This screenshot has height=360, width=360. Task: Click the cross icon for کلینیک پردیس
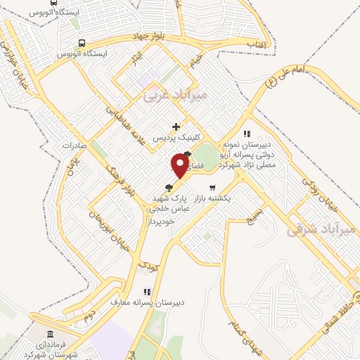pos(176,126)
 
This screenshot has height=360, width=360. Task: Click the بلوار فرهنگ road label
pos(117,181)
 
